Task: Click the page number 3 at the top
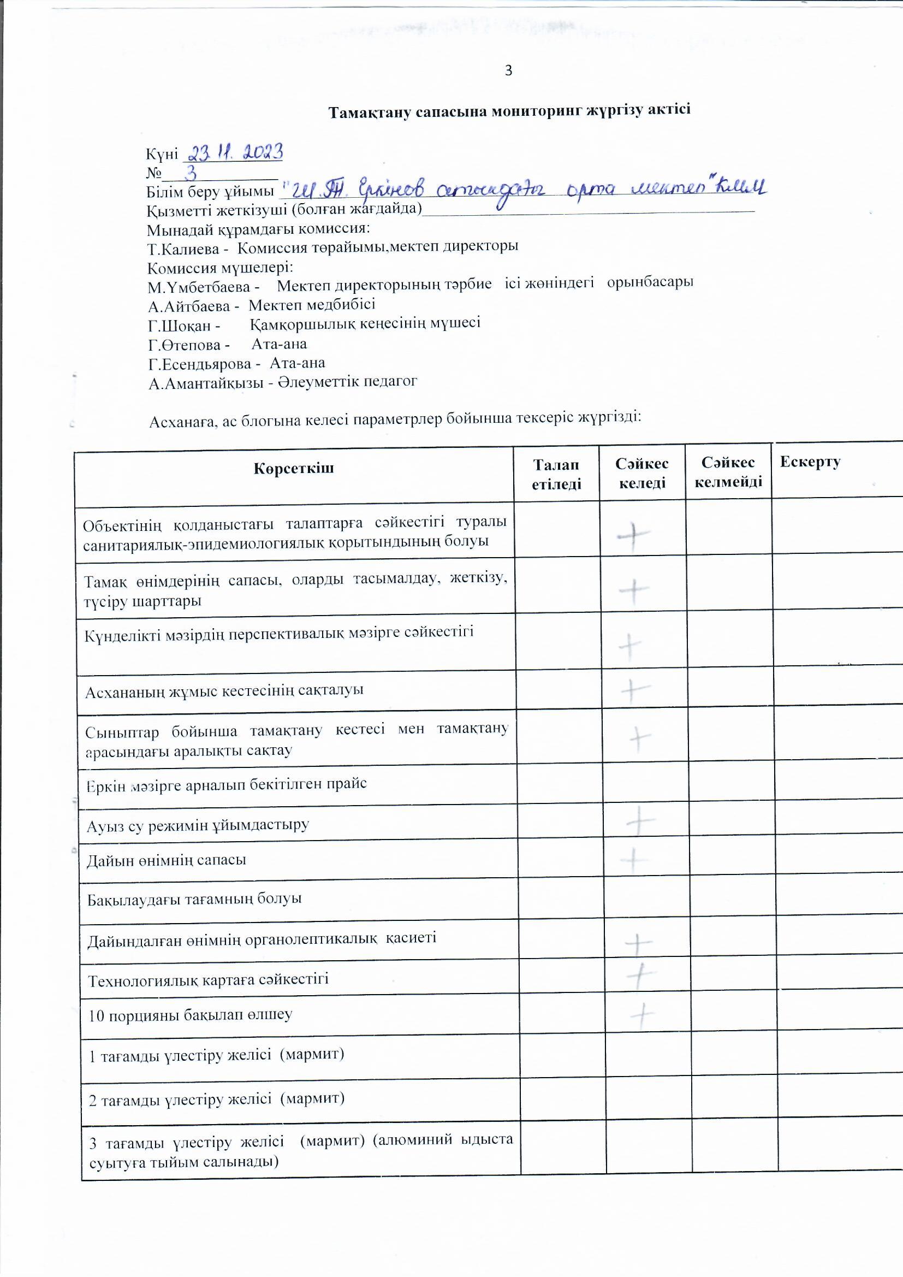pos(508,70)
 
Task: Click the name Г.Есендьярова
pos(200,364)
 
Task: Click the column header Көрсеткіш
pos(294,468)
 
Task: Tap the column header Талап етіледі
pos(556,475)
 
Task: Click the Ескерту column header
pos(810,462)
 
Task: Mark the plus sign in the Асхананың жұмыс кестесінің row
pos(634,691)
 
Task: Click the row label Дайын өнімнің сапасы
pos(167,860)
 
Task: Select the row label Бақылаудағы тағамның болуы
pos(194,899)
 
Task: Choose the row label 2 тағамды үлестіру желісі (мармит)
pos(217,1098)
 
